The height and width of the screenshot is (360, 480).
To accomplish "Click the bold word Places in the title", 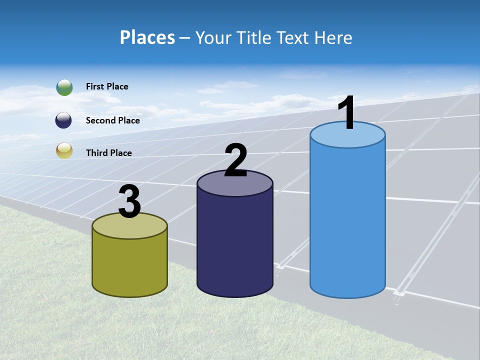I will pyautogui.click(x=147, y=37).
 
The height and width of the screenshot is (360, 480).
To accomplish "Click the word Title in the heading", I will pyautogui.click(x=254, y=37).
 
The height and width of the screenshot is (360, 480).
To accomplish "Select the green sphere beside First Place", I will pyautogui.click(x=64, y=87).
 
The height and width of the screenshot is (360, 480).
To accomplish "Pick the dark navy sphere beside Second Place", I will pyautogui.click(x=64, y=120).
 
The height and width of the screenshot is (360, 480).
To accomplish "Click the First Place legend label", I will pyautogui.click(x=107, y=86).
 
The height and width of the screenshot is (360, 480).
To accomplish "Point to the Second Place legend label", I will pyautogui.click(x=112, y=120).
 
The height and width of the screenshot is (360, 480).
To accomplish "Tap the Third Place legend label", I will pyautogui.click(x=108, y=153).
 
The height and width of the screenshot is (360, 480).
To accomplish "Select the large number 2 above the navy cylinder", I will pyautogui.click(x=235, y=161).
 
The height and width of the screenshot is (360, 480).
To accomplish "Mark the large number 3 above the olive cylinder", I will pyautogui.click(x=130, y=202).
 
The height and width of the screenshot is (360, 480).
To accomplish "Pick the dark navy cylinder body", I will pyautogui.click(x=234, y=245).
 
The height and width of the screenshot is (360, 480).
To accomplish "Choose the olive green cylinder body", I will pyautogui.click(x=129, y=265).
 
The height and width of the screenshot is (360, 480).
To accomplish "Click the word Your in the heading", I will pyautogui.click(x=212, y=37).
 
